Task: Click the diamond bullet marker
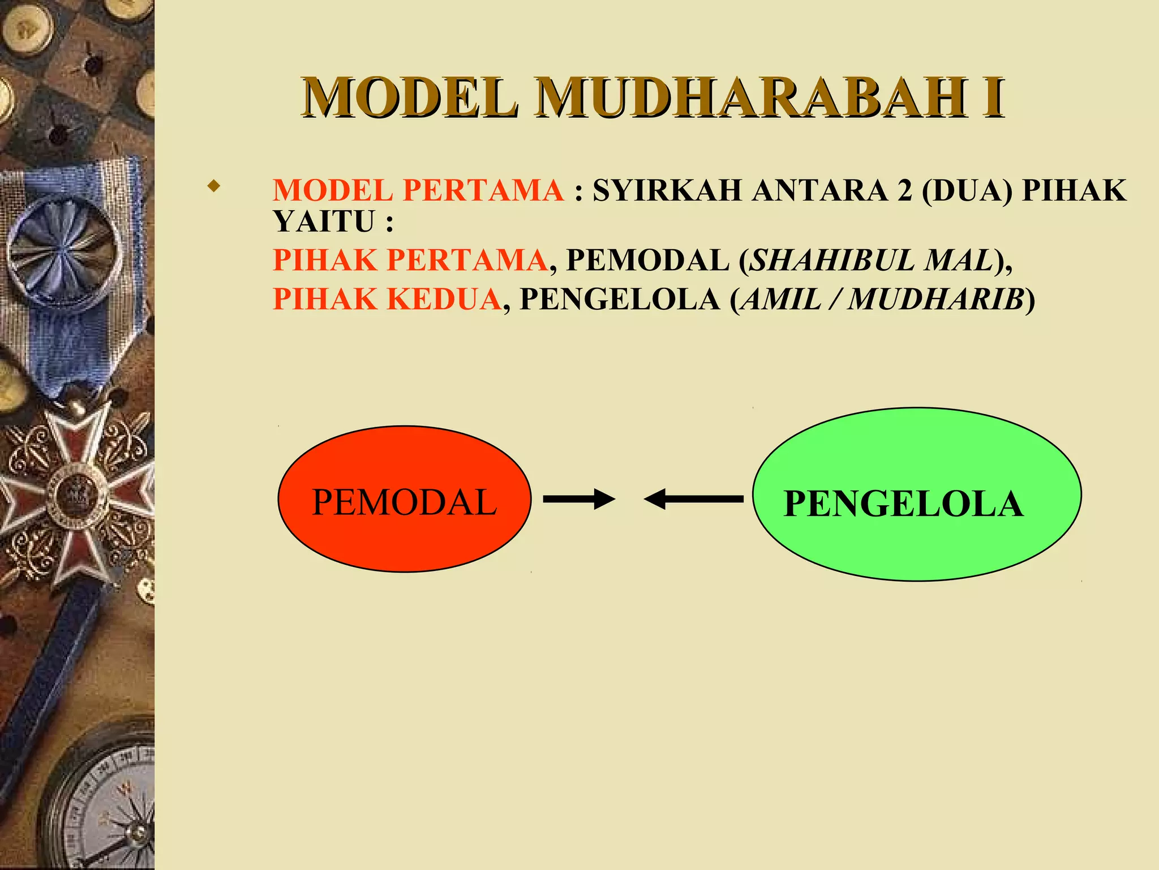(x=213, y=186)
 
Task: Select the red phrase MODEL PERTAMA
(x=418, y=190)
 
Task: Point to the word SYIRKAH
(x=667, y=190)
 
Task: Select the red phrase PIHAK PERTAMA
(x=410, y=261)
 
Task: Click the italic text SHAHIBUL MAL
(x=871, y=261)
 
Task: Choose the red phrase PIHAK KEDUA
(x=387, y=299)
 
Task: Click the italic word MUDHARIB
(x=937, y=299)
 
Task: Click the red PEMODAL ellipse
(x=404, y=499)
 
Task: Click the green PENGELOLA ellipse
(x=916, y=494)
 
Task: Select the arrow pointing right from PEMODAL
(x=578, y=499)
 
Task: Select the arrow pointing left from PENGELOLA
(x=694, y=499)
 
